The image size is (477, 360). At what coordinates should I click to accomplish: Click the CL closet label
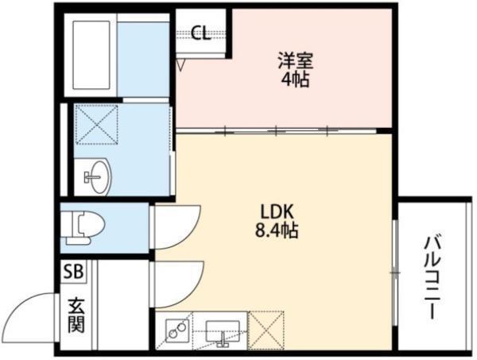point(200,34)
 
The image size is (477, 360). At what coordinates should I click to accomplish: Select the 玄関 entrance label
point(76,314)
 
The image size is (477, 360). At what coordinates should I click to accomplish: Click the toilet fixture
point(82,227)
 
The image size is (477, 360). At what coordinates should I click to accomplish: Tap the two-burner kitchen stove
point(177,330)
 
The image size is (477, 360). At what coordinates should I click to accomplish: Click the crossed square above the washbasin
point(92,123)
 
